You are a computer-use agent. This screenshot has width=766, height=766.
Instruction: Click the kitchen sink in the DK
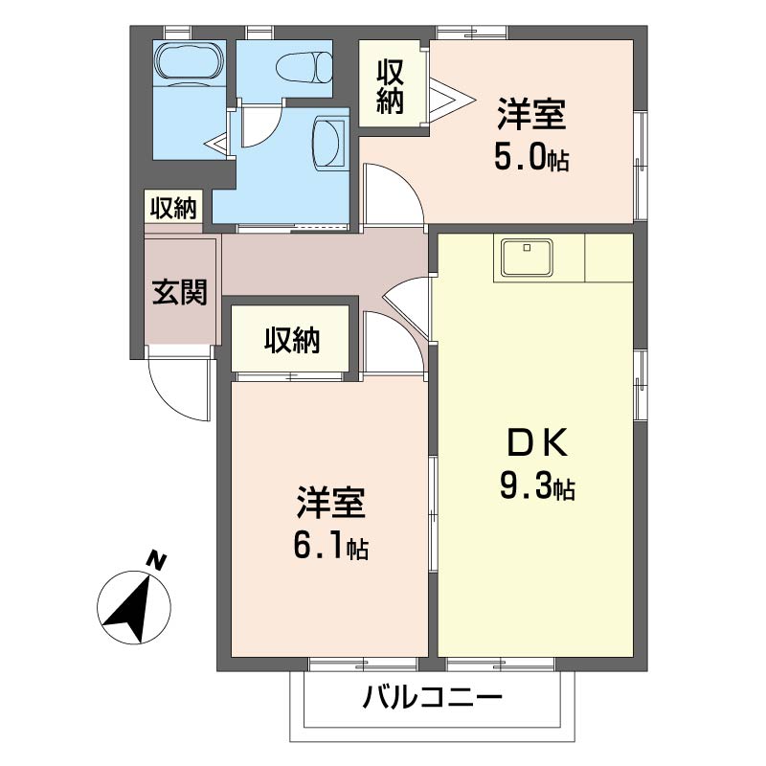pos(524,259)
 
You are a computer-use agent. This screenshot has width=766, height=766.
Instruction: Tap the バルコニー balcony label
pos(432,698)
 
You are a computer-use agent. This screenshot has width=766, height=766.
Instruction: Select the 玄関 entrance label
pos(179,292)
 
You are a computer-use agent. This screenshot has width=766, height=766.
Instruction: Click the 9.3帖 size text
pos(536,487)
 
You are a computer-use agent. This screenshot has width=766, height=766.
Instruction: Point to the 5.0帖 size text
pos(530,157)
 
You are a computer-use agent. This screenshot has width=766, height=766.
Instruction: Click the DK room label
pos(536,442)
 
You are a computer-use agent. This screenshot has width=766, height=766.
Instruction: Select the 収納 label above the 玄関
pos(172,208)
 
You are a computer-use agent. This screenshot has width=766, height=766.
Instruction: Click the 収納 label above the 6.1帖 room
pos(292,340)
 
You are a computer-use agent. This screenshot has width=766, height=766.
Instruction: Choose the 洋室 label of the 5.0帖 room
pos(530,115)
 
